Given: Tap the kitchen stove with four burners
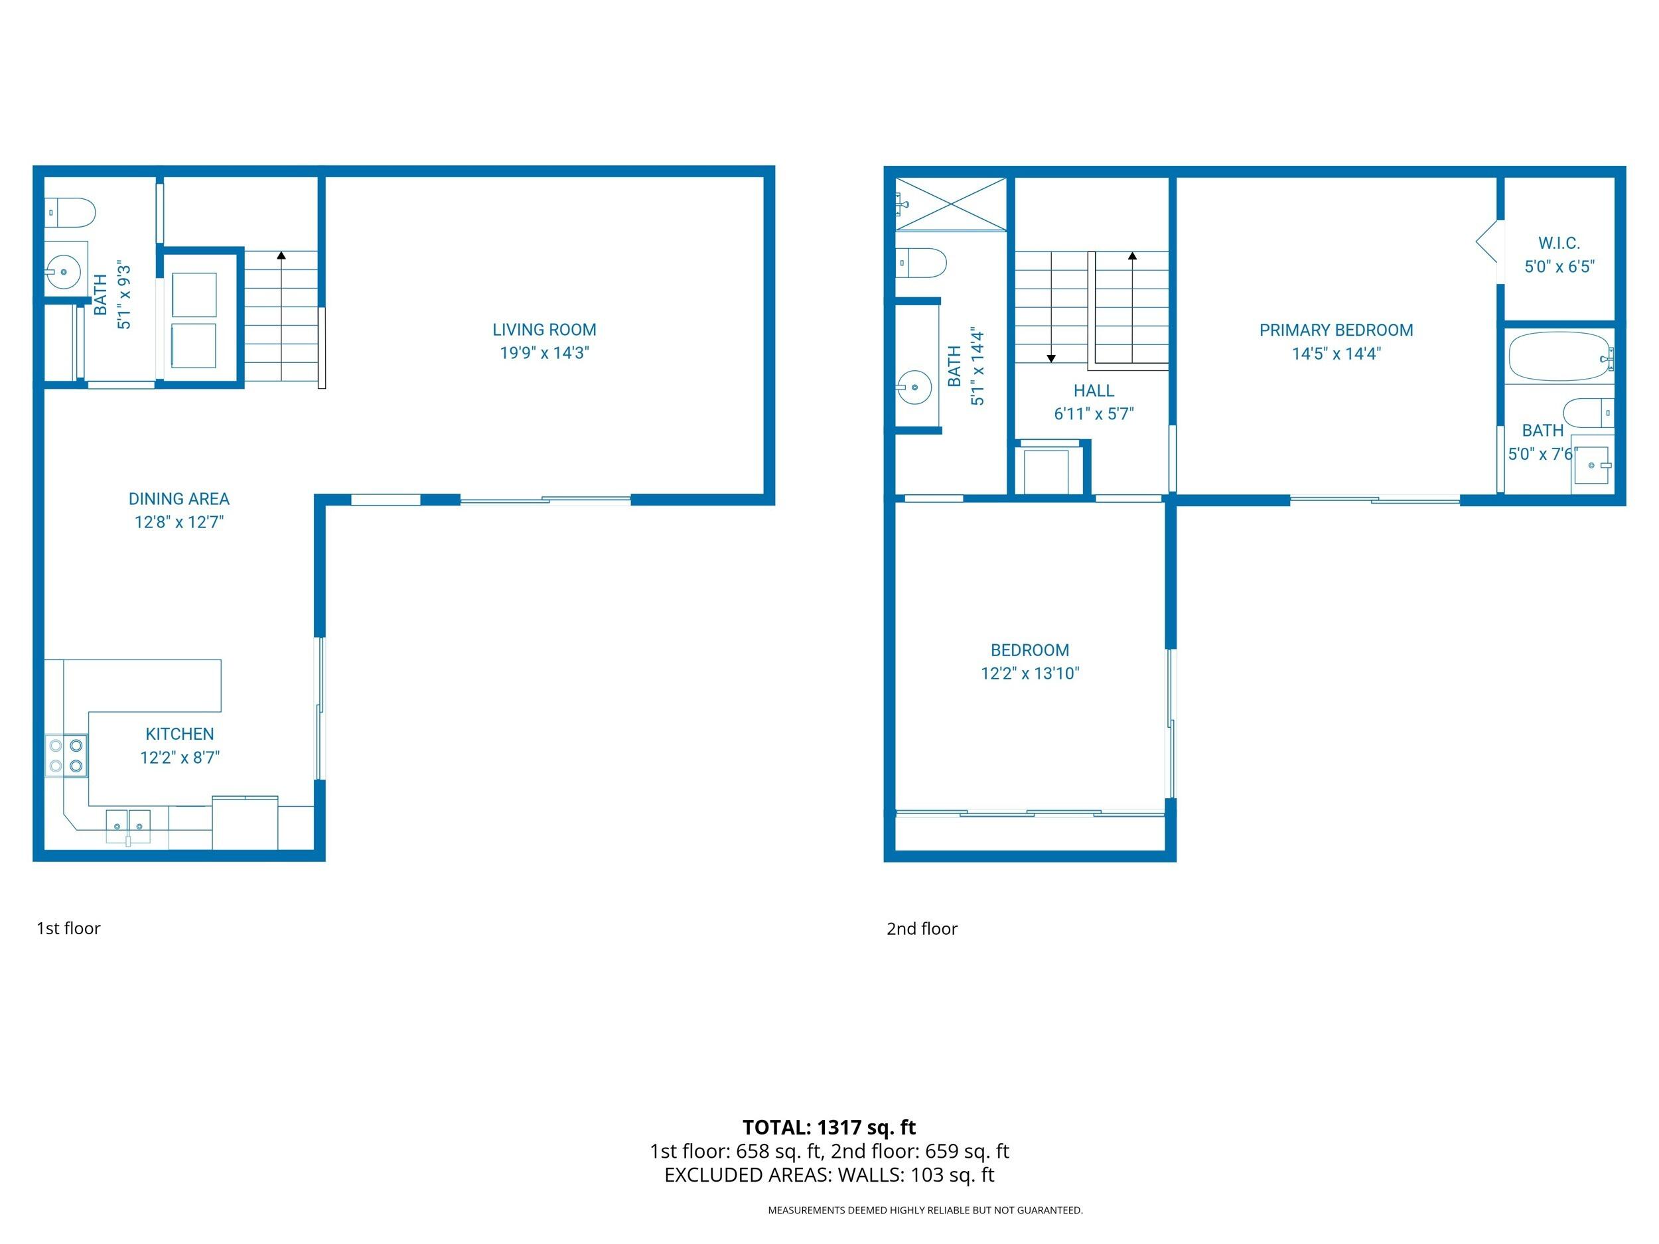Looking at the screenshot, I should [x=66, y=755].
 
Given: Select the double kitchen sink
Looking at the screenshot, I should [x=128, y=825].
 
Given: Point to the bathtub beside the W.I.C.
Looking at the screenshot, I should [x=1559, y=356].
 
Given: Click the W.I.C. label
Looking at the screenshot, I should [x=1559, y=243].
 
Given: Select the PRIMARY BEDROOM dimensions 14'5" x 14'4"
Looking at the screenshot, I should [x=1336, y=353].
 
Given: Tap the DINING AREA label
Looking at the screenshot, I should [x=179, y=499].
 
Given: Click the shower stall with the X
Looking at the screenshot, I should [x=950, y=204].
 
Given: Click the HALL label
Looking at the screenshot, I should [x=1094, y=391].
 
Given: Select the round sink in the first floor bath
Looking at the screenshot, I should [x=63, y=271].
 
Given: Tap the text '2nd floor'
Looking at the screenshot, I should [x=922, y=928].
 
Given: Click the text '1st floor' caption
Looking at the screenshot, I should [x=68, y=928].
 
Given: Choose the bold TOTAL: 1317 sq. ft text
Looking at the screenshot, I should [x=829, y=1127].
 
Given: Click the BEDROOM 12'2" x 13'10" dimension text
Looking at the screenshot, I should [x=1030, y=673].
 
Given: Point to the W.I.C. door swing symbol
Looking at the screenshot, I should [x=1488, y=242].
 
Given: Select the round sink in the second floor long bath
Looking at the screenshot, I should [x=914, y=387].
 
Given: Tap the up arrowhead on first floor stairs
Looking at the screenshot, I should [x=281, y=255].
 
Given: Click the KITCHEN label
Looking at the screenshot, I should [x=179, y=734].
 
